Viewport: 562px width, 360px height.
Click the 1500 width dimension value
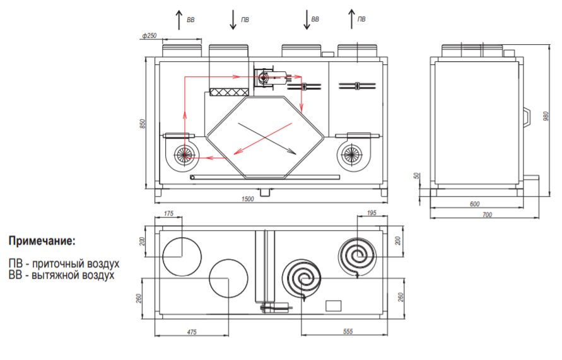coord(247,200)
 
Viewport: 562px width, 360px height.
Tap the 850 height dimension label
coord(143,124)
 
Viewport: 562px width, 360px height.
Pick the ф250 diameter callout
coord(149,36)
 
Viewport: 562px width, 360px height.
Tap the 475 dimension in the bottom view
coord(193,332)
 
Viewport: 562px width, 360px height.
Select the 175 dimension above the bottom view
coord(168,214)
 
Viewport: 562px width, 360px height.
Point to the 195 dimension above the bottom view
coord(371,214)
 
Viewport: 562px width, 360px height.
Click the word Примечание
coord(42,241)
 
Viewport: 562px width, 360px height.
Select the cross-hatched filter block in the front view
coord(228,92)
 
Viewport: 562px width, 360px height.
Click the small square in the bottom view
coord(333,306)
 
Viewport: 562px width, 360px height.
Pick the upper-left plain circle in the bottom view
coord(182,257)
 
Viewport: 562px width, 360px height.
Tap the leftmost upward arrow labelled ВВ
coord(179,18)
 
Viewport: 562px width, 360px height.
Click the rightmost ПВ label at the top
coord(361,20)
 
